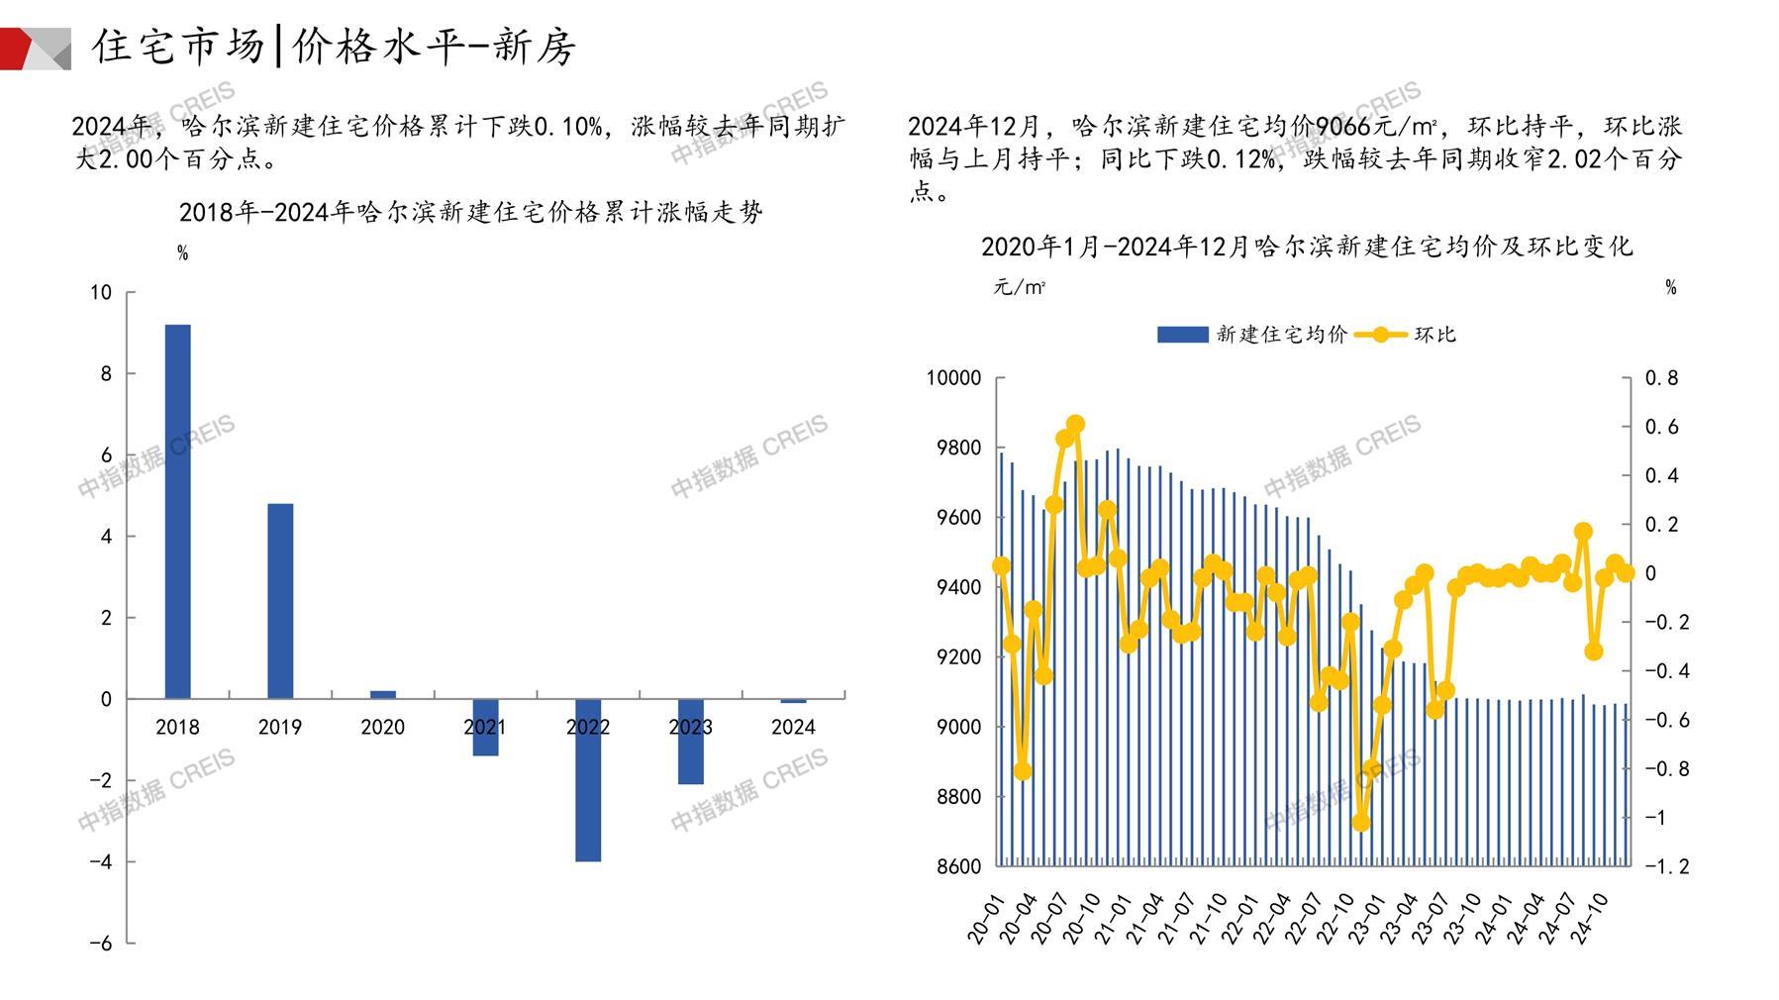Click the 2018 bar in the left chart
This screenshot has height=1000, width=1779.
click(x=177, y=511)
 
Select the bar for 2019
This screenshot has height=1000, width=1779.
click(x=280, y=601)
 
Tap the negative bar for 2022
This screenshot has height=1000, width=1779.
click(x=588, y=780)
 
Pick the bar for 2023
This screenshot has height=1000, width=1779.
click(x=691, y=742)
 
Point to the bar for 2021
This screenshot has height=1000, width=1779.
click(x=485, y=728)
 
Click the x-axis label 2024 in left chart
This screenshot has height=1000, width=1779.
click(x=793, y=728)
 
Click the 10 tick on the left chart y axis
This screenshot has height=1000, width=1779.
click(x=101, y=292)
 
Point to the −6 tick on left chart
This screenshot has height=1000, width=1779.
click(x=101, y=944)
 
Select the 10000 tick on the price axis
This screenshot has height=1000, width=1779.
click(x=953, y=378)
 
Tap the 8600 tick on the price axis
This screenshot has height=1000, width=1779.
click(x=957, y=866)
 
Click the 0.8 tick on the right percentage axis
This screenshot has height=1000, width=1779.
click(x=1661, y=378)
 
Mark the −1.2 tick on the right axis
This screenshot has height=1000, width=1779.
click(x=1666, y=866)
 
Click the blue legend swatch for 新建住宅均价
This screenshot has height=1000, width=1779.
click(x=1182, y=335)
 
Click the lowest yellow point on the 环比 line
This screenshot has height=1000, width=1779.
click(x=1361, y=822)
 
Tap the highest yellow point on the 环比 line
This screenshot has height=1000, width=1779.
click(x=1076, y=425)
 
